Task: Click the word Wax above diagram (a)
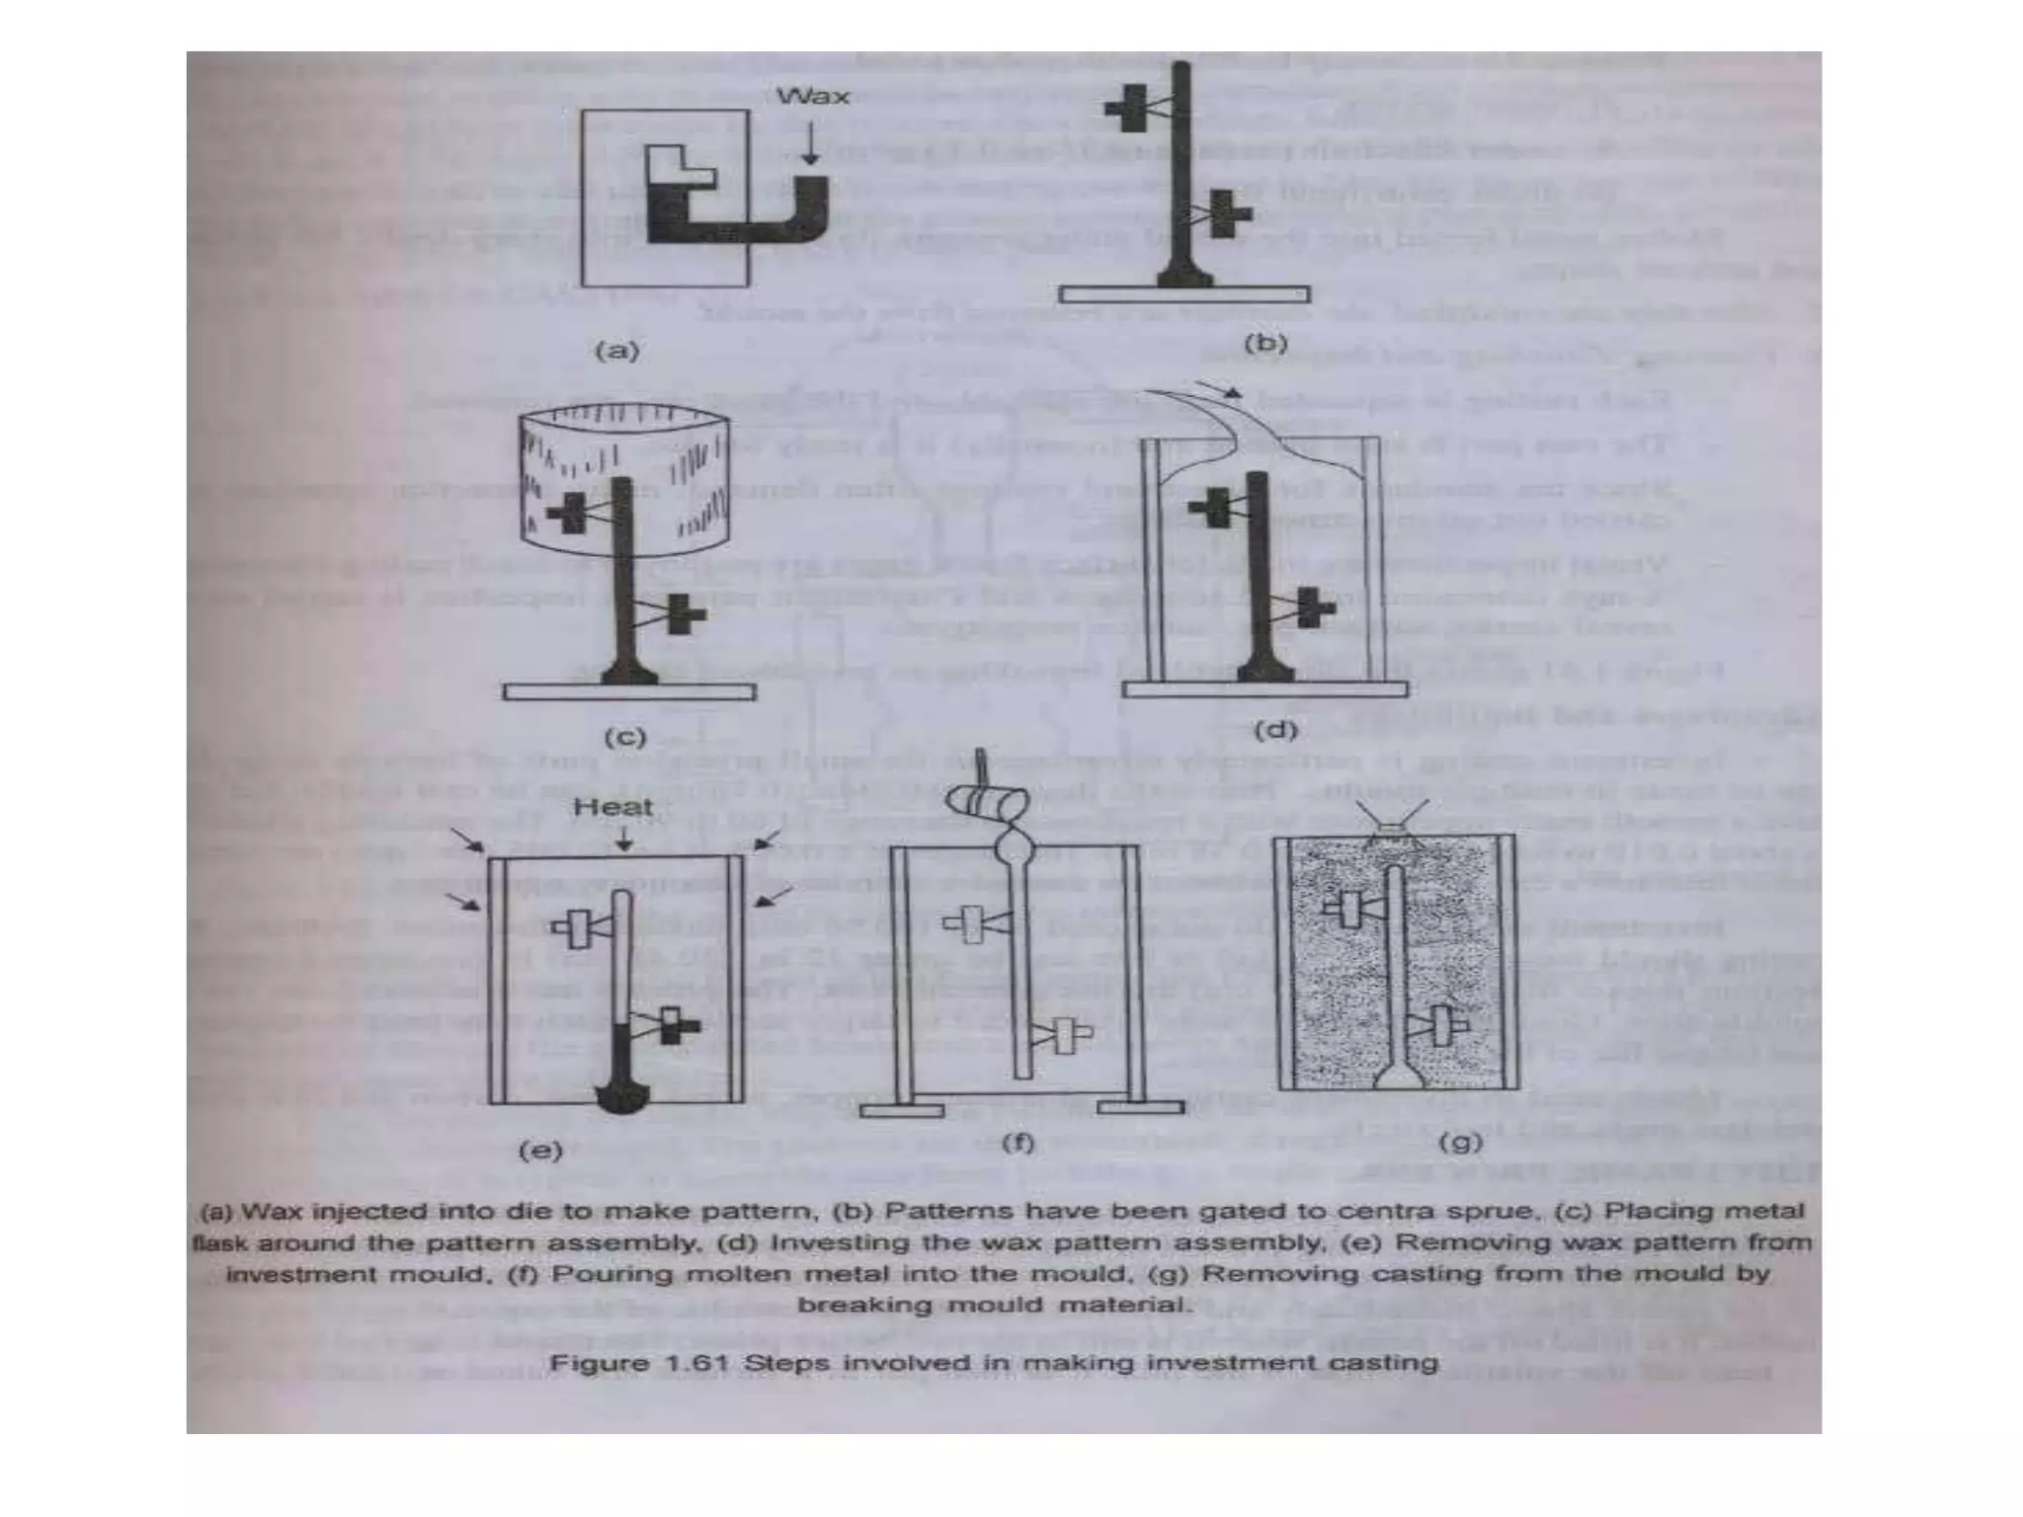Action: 812,97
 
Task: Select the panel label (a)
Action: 617,351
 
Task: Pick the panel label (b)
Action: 1265,344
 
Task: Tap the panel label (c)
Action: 625,737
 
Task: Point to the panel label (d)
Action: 1274,731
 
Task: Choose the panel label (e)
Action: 539,1150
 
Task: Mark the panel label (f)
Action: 1017,1143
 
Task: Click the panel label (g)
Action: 1460,1143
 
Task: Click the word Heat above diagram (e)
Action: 613,807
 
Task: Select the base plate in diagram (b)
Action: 1184,294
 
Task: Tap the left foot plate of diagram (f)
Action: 901,1110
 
